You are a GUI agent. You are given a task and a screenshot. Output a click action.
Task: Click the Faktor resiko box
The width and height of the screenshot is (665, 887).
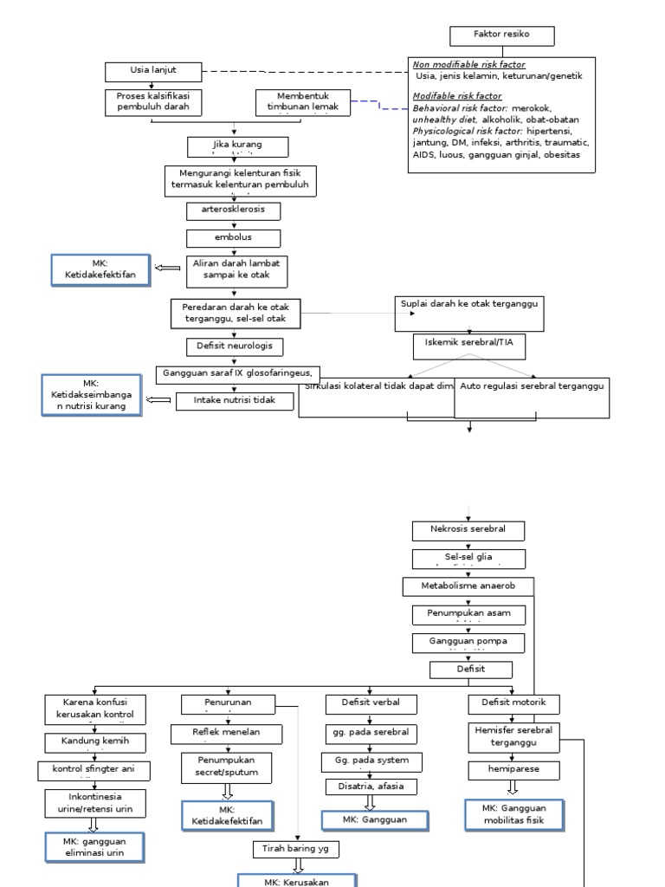click(x=501, y=36)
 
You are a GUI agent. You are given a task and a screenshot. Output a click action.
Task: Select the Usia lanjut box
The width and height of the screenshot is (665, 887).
click(x=153, y=71)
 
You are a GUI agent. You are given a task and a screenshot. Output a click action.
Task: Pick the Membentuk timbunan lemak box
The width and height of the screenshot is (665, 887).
click(x=303, y=102)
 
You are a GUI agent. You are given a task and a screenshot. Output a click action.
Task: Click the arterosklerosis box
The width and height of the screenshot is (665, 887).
click(x=233, y=210)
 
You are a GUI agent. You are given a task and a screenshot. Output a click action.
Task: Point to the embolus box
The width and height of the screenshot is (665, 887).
click(x=233, y=237)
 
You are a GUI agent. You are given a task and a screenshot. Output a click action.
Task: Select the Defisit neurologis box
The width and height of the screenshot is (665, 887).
click(x=233, y=346)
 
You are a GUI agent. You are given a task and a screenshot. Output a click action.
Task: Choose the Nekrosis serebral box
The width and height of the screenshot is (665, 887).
click(x=467, y=529)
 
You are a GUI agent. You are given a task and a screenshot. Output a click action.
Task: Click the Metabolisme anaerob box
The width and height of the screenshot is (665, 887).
click(x=468, y=587)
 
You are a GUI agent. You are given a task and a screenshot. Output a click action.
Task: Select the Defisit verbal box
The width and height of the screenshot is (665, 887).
click(x=371, y=702)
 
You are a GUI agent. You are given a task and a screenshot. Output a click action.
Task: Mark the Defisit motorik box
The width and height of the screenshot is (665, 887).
click(x=513, y=702)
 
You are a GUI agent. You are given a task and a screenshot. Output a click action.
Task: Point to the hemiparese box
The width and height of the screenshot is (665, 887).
click(x=513, y=769)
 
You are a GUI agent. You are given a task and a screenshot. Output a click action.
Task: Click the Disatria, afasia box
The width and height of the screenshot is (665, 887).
click(x=371, y=787)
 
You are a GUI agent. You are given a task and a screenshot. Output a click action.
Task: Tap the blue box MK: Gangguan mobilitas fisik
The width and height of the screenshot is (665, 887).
click(x=514, y=814)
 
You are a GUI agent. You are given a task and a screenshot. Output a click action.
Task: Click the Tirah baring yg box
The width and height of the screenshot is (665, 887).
click(x=296, y=849)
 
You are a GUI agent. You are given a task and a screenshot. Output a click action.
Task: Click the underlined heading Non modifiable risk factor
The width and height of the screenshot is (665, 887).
click(x=468, y=65)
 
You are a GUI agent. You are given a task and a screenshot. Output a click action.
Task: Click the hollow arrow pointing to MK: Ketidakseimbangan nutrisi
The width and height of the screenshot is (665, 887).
click(x=158, y=400)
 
